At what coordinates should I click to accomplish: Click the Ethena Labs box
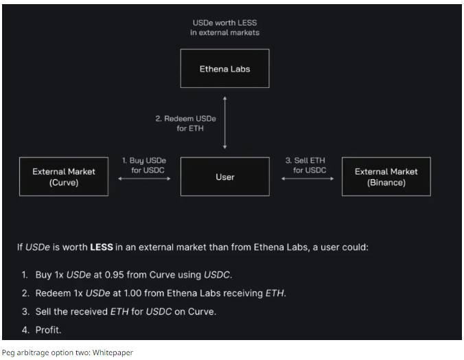(x=224, y=69)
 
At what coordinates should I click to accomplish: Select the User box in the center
(x=224, y=177)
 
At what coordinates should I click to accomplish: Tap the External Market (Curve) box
(x=64, y=177)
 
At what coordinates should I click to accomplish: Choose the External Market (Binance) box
(x=386, y=177)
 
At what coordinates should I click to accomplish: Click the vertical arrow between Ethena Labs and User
(x=225, y=122)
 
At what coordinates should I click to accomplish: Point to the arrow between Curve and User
(x=144, y=178)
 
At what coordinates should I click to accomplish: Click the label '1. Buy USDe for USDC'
(x=144, y=165)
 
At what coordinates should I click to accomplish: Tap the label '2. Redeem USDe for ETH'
(x=185, y=123)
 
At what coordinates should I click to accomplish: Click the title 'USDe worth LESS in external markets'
(x=224, y=27)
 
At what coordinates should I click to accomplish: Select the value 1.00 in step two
(x=117, y=293)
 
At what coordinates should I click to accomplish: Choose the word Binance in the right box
(x=386, y=182)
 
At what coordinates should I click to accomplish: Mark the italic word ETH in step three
(x=119, y=312)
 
